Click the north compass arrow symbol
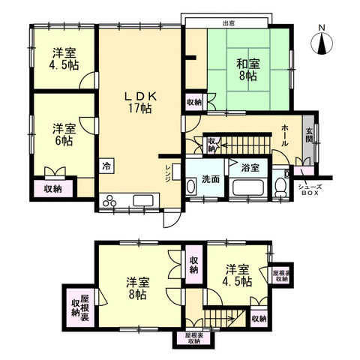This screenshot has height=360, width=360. coord(322,41)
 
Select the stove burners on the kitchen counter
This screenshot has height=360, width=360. coord(110,200)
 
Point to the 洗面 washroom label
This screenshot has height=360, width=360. coord(210,179)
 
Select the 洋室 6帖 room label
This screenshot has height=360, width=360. coord(62,133)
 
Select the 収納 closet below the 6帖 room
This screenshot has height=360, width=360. coord(52,189)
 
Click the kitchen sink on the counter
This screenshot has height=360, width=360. coord(143,200)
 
